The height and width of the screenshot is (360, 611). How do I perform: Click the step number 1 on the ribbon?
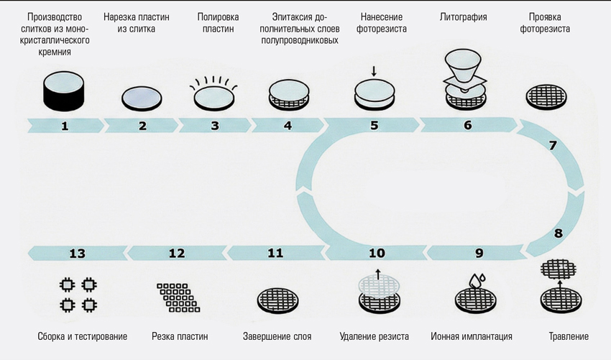(x=65, y=126)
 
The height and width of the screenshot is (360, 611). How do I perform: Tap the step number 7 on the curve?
(x=552, y=146)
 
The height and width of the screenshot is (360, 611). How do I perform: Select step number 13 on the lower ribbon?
(x=78, y=253)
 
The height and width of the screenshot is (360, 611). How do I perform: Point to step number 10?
(x=377, y=253)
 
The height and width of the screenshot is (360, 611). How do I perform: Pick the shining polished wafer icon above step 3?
(x=213, y=93)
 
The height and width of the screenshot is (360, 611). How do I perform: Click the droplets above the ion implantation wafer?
(x=476, y=280)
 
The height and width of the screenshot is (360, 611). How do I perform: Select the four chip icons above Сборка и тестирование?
(x=78, y=295)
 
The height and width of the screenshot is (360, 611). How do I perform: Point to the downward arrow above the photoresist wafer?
(x=374, y=70)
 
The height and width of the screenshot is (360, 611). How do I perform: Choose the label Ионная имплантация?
(x=472, y=336)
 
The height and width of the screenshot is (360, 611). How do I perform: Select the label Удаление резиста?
(x=375, y=336)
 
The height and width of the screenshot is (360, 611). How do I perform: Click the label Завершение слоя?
(x=277, y=336)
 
